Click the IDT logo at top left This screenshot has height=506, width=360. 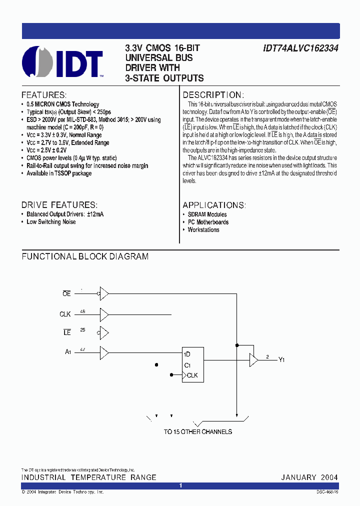click(x=62, y=62)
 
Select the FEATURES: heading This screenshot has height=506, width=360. click(x=44, y=95)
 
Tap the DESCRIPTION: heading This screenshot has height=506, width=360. click(x=213, y=95)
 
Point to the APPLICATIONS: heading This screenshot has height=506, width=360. click(x=214, y=205)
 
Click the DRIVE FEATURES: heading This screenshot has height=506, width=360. click(x=59, y=205)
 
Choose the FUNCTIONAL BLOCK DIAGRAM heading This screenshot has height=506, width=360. click(x=85, y=256)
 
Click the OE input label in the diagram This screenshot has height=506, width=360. click(x=66, y=294)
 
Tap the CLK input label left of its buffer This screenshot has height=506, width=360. click(x=65, y=314)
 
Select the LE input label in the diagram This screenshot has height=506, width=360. click(x=67, y=332)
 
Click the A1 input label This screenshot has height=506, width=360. click(x=68, y=352)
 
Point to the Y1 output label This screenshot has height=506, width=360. click(x=282, y=359)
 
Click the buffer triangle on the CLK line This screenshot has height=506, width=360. click(x=104, y=314)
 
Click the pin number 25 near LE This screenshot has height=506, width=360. click(x=82, y=330)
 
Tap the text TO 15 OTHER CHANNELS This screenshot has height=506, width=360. click(x=198, y=431)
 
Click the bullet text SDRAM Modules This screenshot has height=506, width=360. click(x=207, y=214)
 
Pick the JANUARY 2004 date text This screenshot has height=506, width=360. click(x=309, y=477)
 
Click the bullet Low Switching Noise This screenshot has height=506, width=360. click(x=51, y=222)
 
